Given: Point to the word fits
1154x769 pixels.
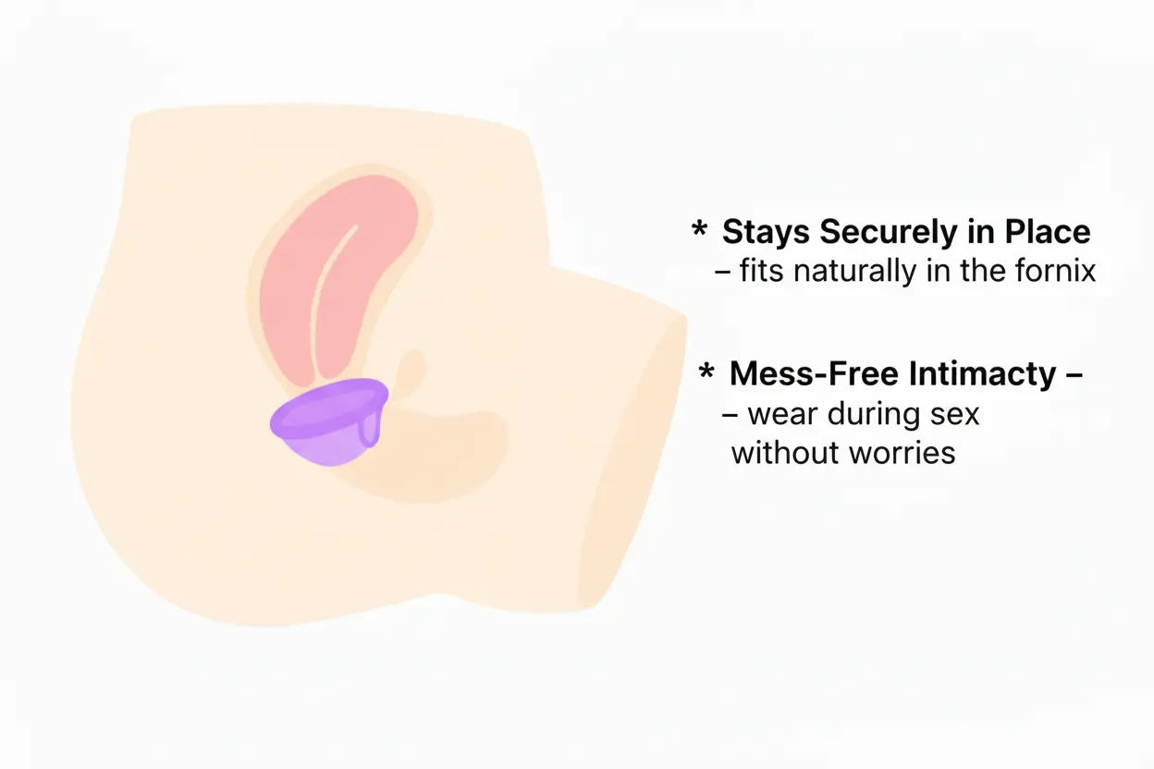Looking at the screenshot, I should coord(762,272).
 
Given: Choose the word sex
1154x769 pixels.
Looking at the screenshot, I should coord(955,414).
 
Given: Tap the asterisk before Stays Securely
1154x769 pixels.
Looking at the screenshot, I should coord(699,229).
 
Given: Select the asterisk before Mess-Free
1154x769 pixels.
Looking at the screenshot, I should coord(707,372).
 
